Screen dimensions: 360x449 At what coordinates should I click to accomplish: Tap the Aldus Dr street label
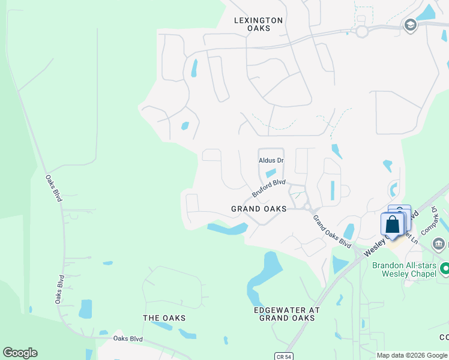271,161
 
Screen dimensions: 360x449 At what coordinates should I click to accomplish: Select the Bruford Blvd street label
268,188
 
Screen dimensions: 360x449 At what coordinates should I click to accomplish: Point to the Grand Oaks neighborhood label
259,209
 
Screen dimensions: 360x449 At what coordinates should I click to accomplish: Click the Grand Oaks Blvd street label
332,232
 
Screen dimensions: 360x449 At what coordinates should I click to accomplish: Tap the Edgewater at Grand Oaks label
287,314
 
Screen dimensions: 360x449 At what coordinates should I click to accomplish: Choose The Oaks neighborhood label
164,318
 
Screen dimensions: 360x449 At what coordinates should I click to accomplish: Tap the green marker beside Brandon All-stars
445,268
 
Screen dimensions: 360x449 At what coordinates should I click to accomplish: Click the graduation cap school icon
410,25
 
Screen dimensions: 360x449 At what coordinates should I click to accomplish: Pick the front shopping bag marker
392,226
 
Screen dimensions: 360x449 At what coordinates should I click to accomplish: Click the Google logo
20,353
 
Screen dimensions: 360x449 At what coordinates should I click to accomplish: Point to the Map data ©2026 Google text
411,355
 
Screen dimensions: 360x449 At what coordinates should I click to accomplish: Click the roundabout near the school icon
361,31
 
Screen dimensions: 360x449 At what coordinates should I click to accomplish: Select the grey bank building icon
439,244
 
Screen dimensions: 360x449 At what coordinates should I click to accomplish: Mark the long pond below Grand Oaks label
228,229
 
